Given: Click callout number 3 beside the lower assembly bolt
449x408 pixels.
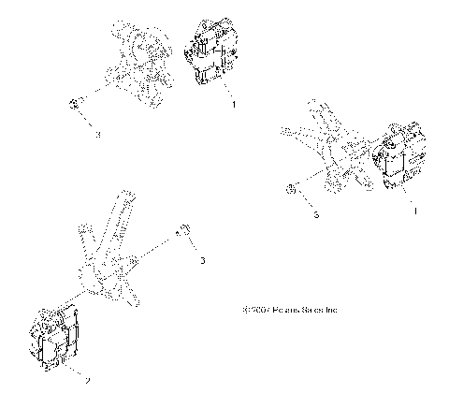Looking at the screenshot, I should coord(202,260).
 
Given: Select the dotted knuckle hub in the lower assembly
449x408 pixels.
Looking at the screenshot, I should coord(92,277).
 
